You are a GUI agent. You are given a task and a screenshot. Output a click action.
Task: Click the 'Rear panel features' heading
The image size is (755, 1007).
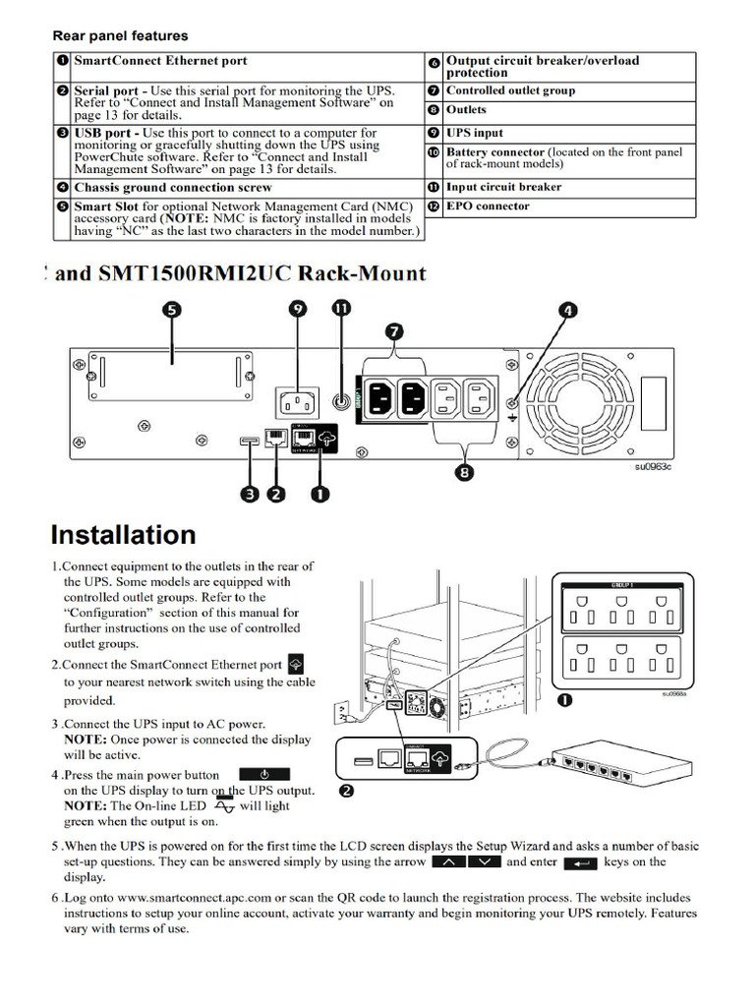(x=120, y=36)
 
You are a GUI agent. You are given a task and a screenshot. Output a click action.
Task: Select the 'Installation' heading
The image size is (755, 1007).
(x=124, y=535)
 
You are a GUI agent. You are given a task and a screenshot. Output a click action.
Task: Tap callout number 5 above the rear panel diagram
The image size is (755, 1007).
(x=172, y=310)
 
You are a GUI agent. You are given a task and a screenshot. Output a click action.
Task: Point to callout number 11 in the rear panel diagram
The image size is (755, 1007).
(x=341, y=309)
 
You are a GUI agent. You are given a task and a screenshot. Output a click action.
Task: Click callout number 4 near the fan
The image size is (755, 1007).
(x=567, y=311)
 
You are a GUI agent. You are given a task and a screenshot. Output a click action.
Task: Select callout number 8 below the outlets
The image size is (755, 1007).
(x=465, y=472)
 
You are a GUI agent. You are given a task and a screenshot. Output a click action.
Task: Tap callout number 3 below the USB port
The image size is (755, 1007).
(x=251, y=494)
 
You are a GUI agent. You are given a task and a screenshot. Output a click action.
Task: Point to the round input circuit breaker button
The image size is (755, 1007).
(x=341, y=401)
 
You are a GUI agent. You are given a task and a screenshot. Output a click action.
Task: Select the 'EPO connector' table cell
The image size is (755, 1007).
(x=488, y=207)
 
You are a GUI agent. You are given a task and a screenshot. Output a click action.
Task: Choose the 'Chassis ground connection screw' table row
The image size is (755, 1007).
(x=173, y=187)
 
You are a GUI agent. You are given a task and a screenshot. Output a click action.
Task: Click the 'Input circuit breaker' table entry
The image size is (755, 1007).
(x=503, y=187)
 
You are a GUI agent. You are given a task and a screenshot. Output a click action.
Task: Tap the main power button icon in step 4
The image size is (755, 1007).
(x=264, y=775)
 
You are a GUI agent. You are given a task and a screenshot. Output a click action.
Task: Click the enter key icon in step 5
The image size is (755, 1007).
(x=580, y=862)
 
